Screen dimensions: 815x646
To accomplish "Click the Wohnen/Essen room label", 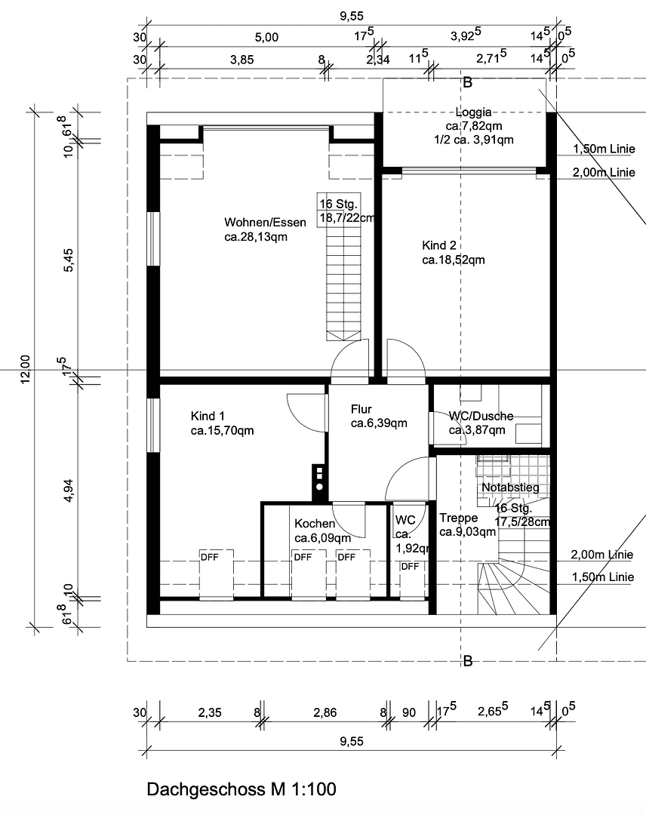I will tap(265, 222).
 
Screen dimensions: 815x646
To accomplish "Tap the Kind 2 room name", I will tap(438, 245).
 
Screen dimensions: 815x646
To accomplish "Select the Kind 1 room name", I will tap(208, 416).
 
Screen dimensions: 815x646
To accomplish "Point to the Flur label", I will tap(361, 409).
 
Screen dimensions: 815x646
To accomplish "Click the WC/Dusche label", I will tap(481, 416).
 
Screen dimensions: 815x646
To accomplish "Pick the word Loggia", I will tap(473, 112).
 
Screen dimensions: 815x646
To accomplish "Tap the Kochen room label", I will tap(315, 524).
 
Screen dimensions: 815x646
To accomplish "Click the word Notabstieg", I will tap(510, 488).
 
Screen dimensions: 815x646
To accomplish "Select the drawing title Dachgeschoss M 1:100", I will tap(241, 789).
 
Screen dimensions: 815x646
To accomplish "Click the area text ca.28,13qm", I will tap(256, 236).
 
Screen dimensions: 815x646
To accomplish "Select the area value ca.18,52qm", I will tap(453, 260).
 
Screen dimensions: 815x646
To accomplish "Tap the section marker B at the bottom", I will tap(467, 662).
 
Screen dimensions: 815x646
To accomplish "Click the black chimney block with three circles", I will tap(319, 480).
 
